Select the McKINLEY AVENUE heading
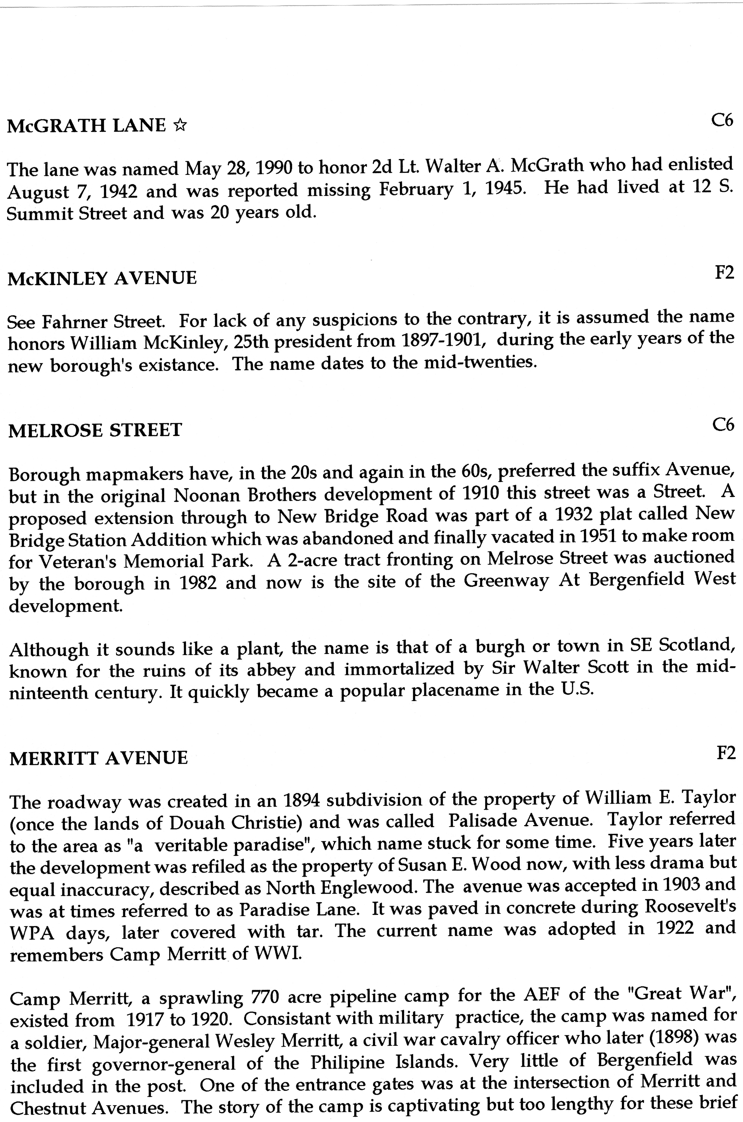(102, 278)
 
